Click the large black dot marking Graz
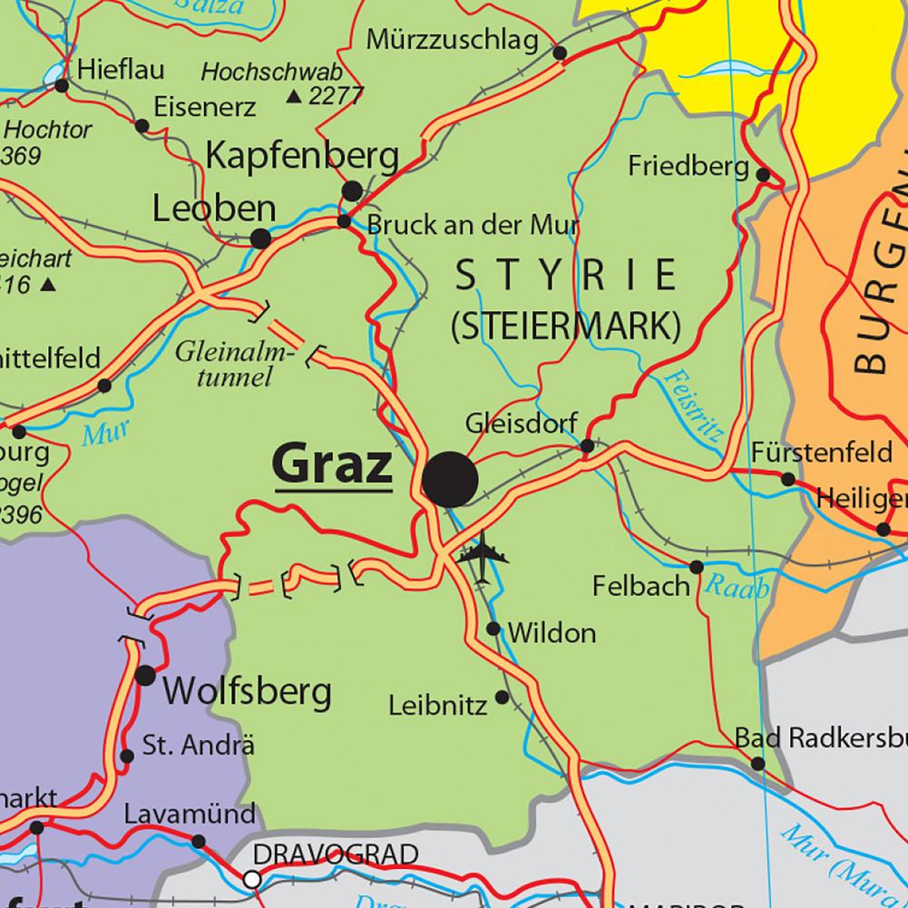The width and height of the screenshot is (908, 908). (x=451, y=479)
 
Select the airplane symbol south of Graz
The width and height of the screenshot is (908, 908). (x=481, y=555)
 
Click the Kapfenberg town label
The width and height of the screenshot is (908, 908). (x=302, y=156)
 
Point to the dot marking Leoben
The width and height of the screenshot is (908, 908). (x=260, y=239)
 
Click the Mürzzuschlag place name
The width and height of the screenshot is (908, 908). (x=452, y=41)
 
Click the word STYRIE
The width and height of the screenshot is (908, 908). (x=566, y=275)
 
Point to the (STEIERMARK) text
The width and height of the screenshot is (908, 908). (x=566, y=326)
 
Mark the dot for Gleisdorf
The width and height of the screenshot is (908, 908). (x=587, y=445)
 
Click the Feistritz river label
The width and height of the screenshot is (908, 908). (x=692, y=404)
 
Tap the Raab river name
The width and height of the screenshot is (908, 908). (x=736, y=588)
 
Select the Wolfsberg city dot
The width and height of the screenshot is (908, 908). (x=145, y=675)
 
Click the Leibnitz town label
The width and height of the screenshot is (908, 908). (x=438, y=705)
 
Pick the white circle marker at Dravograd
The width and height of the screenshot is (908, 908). (x=253, y=878)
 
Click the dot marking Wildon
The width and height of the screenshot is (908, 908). (x=493, y=629)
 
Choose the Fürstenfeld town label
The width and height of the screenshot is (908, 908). (x=822, y=452)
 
